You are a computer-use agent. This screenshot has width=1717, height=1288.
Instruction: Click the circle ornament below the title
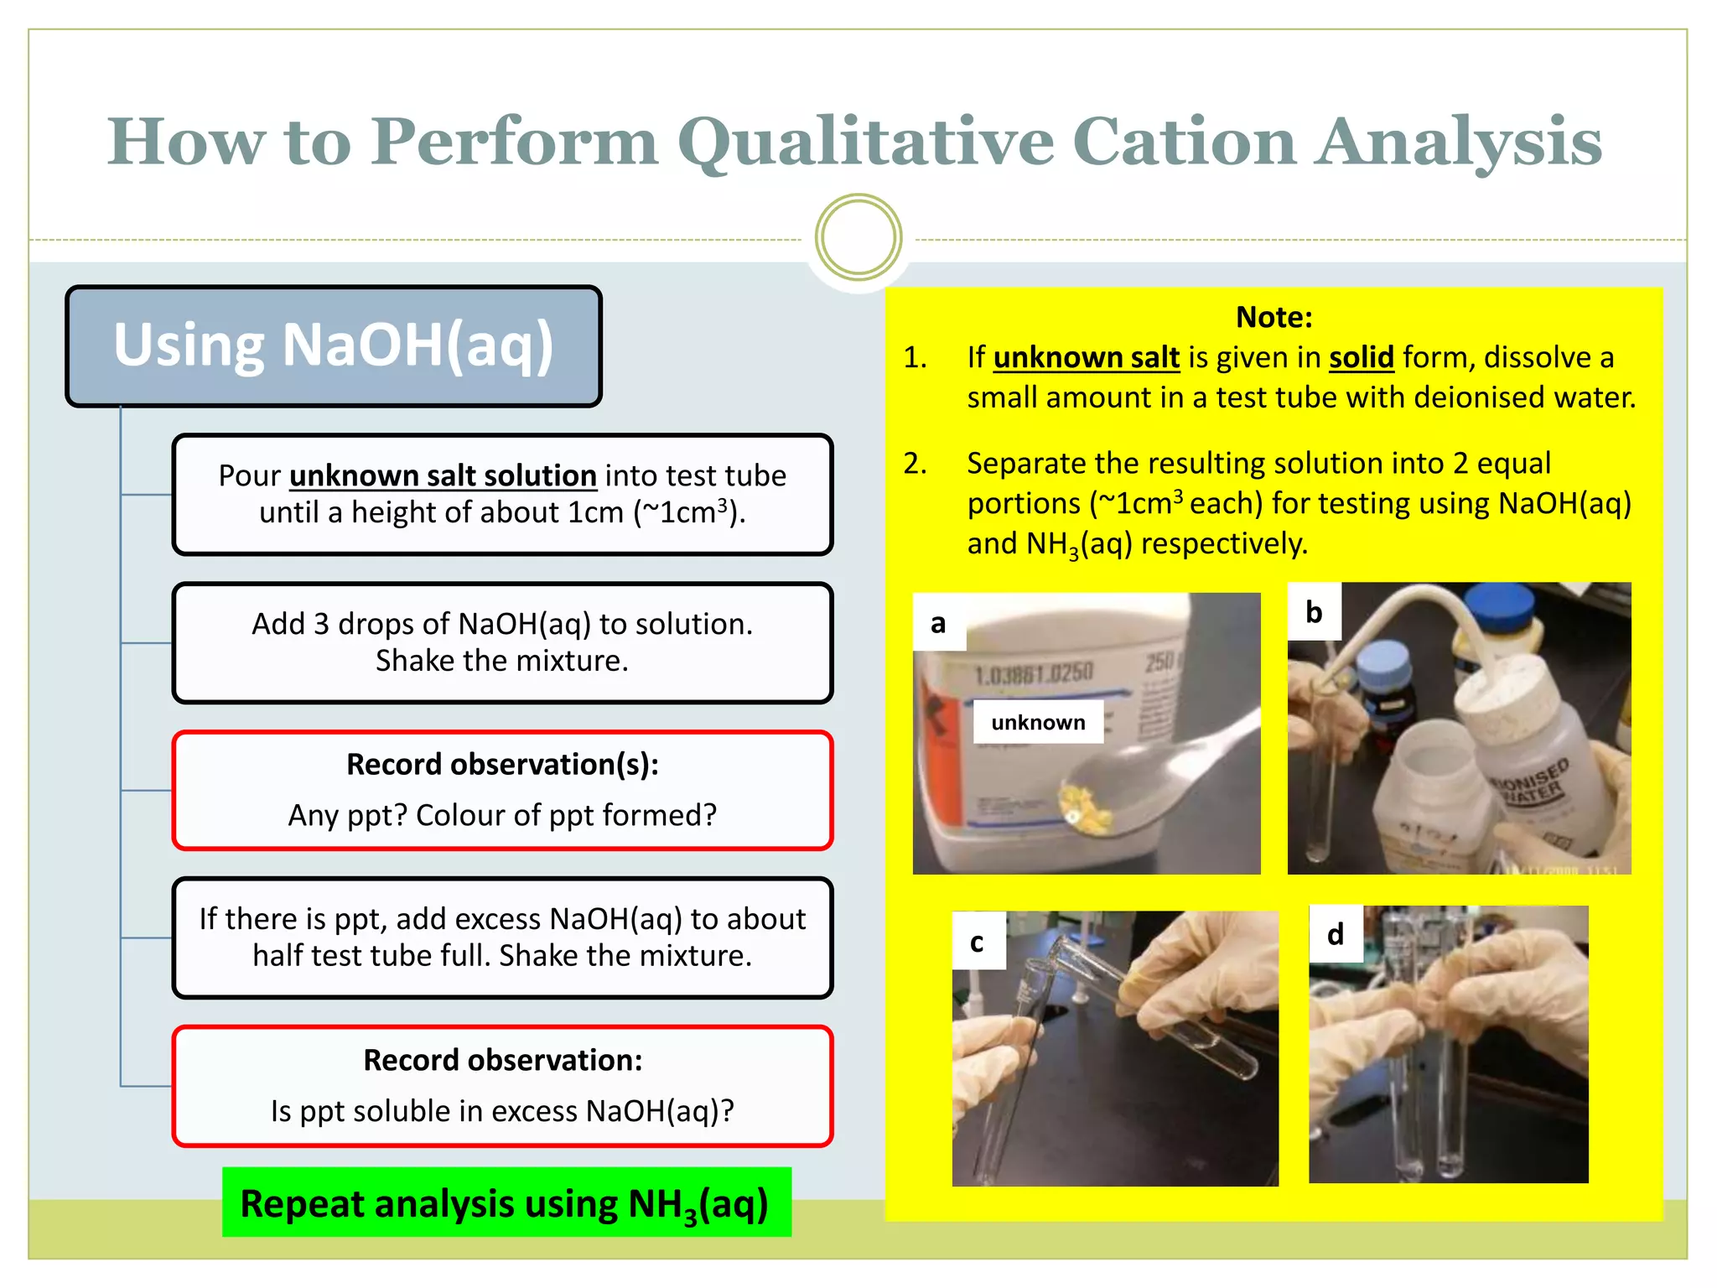[858, 237]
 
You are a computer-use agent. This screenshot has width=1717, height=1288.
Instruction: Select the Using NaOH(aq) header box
[334, 346]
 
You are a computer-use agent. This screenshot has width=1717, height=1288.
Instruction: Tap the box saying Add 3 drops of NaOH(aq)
[502, 642]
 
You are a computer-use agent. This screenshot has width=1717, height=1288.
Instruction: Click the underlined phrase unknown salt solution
[443, 476]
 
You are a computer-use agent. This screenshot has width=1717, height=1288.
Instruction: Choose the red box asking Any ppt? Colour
[502, 790]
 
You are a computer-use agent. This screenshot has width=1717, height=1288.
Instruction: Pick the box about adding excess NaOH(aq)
[502, 937]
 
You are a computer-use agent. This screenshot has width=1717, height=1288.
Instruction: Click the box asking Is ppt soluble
[502, 1086]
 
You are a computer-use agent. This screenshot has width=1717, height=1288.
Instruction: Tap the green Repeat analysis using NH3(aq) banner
[506, 1202]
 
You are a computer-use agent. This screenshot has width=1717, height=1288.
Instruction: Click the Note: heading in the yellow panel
[1273, 317]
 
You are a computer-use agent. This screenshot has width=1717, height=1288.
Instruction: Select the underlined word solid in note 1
[1361, 358]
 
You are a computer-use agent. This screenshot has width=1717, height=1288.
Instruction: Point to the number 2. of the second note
[915, 463]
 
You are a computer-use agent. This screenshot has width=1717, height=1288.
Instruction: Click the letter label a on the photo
[938, 623]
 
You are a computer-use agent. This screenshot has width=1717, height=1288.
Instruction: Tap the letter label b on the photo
[1314, 612]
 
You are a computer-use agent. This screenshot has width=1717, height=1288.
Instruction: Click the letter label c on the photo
[977, 942]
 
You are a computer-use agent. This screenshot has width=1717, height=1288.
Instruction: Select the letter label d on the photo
[1335, 934]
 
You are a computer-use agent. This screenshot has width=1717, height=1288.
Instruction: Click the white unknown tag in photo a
[1038, 722]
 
